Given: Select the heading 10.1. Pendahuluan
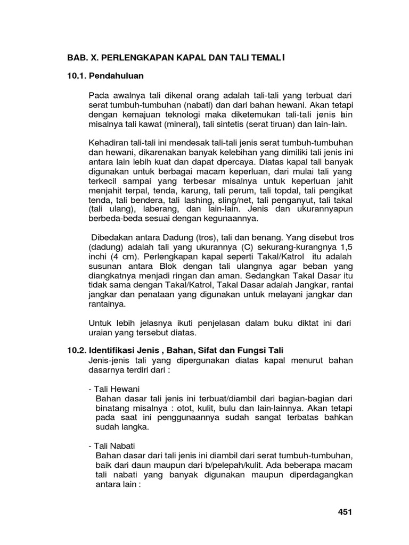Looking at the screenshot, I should click(x=105, y=76).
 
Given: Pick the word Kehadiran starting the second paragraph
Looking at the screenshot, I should click(x=108, y=143).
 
